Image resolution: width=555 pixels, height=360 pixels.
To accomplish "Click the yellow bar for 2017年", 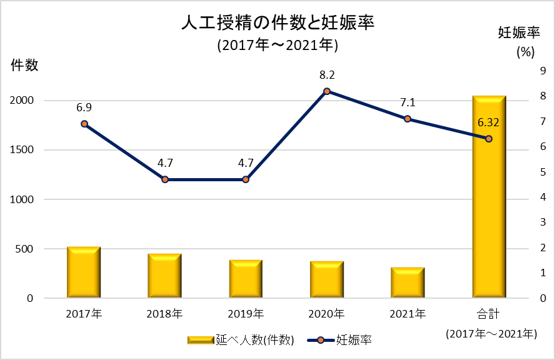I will (84, 272).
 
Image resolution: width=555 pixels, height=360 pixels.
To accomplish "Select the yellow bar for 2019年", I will (246, 279).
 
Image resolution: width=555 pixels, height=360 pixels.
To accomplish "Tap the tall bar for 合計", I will (489, 206).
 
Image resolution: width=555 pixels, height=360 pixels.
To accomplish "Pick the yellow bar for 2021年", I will (407, 282).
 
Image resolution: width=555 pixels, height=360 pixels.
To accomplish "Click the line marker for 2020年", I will (327, 91).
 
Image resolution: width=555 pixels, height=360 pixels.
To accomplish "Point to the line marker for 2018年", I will (165, 179).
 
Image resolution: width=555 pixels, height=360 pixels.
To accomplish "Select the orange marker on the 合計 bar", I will (489, 139).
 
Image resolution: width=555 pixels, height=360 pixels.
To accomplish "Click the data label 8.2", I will (327, 75).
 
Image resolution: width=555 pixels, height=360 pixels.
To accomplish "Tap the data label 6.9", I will (84, 107).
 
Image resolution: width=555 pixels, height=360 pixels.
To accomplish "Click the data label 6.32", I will (488, 122).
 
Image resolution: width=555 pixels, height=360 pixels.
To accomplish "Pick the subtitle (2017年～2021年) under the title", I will (277, 45).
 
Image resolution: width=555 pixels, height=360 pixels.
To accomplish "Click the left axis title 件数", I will (24, 64).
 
